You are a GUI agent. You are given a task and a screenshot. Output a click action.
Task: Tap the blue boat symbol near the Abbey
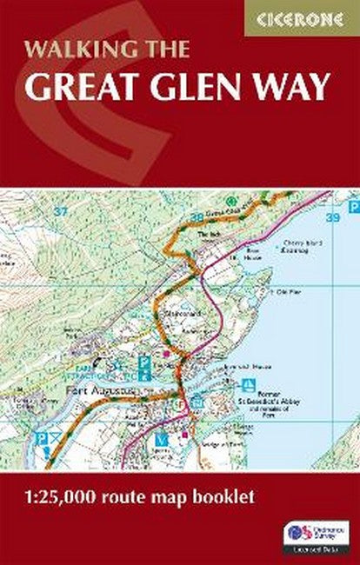(250, 383)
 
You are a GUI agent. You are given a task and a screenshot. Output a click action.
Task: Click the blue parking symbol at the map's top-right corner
(354, 208)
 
